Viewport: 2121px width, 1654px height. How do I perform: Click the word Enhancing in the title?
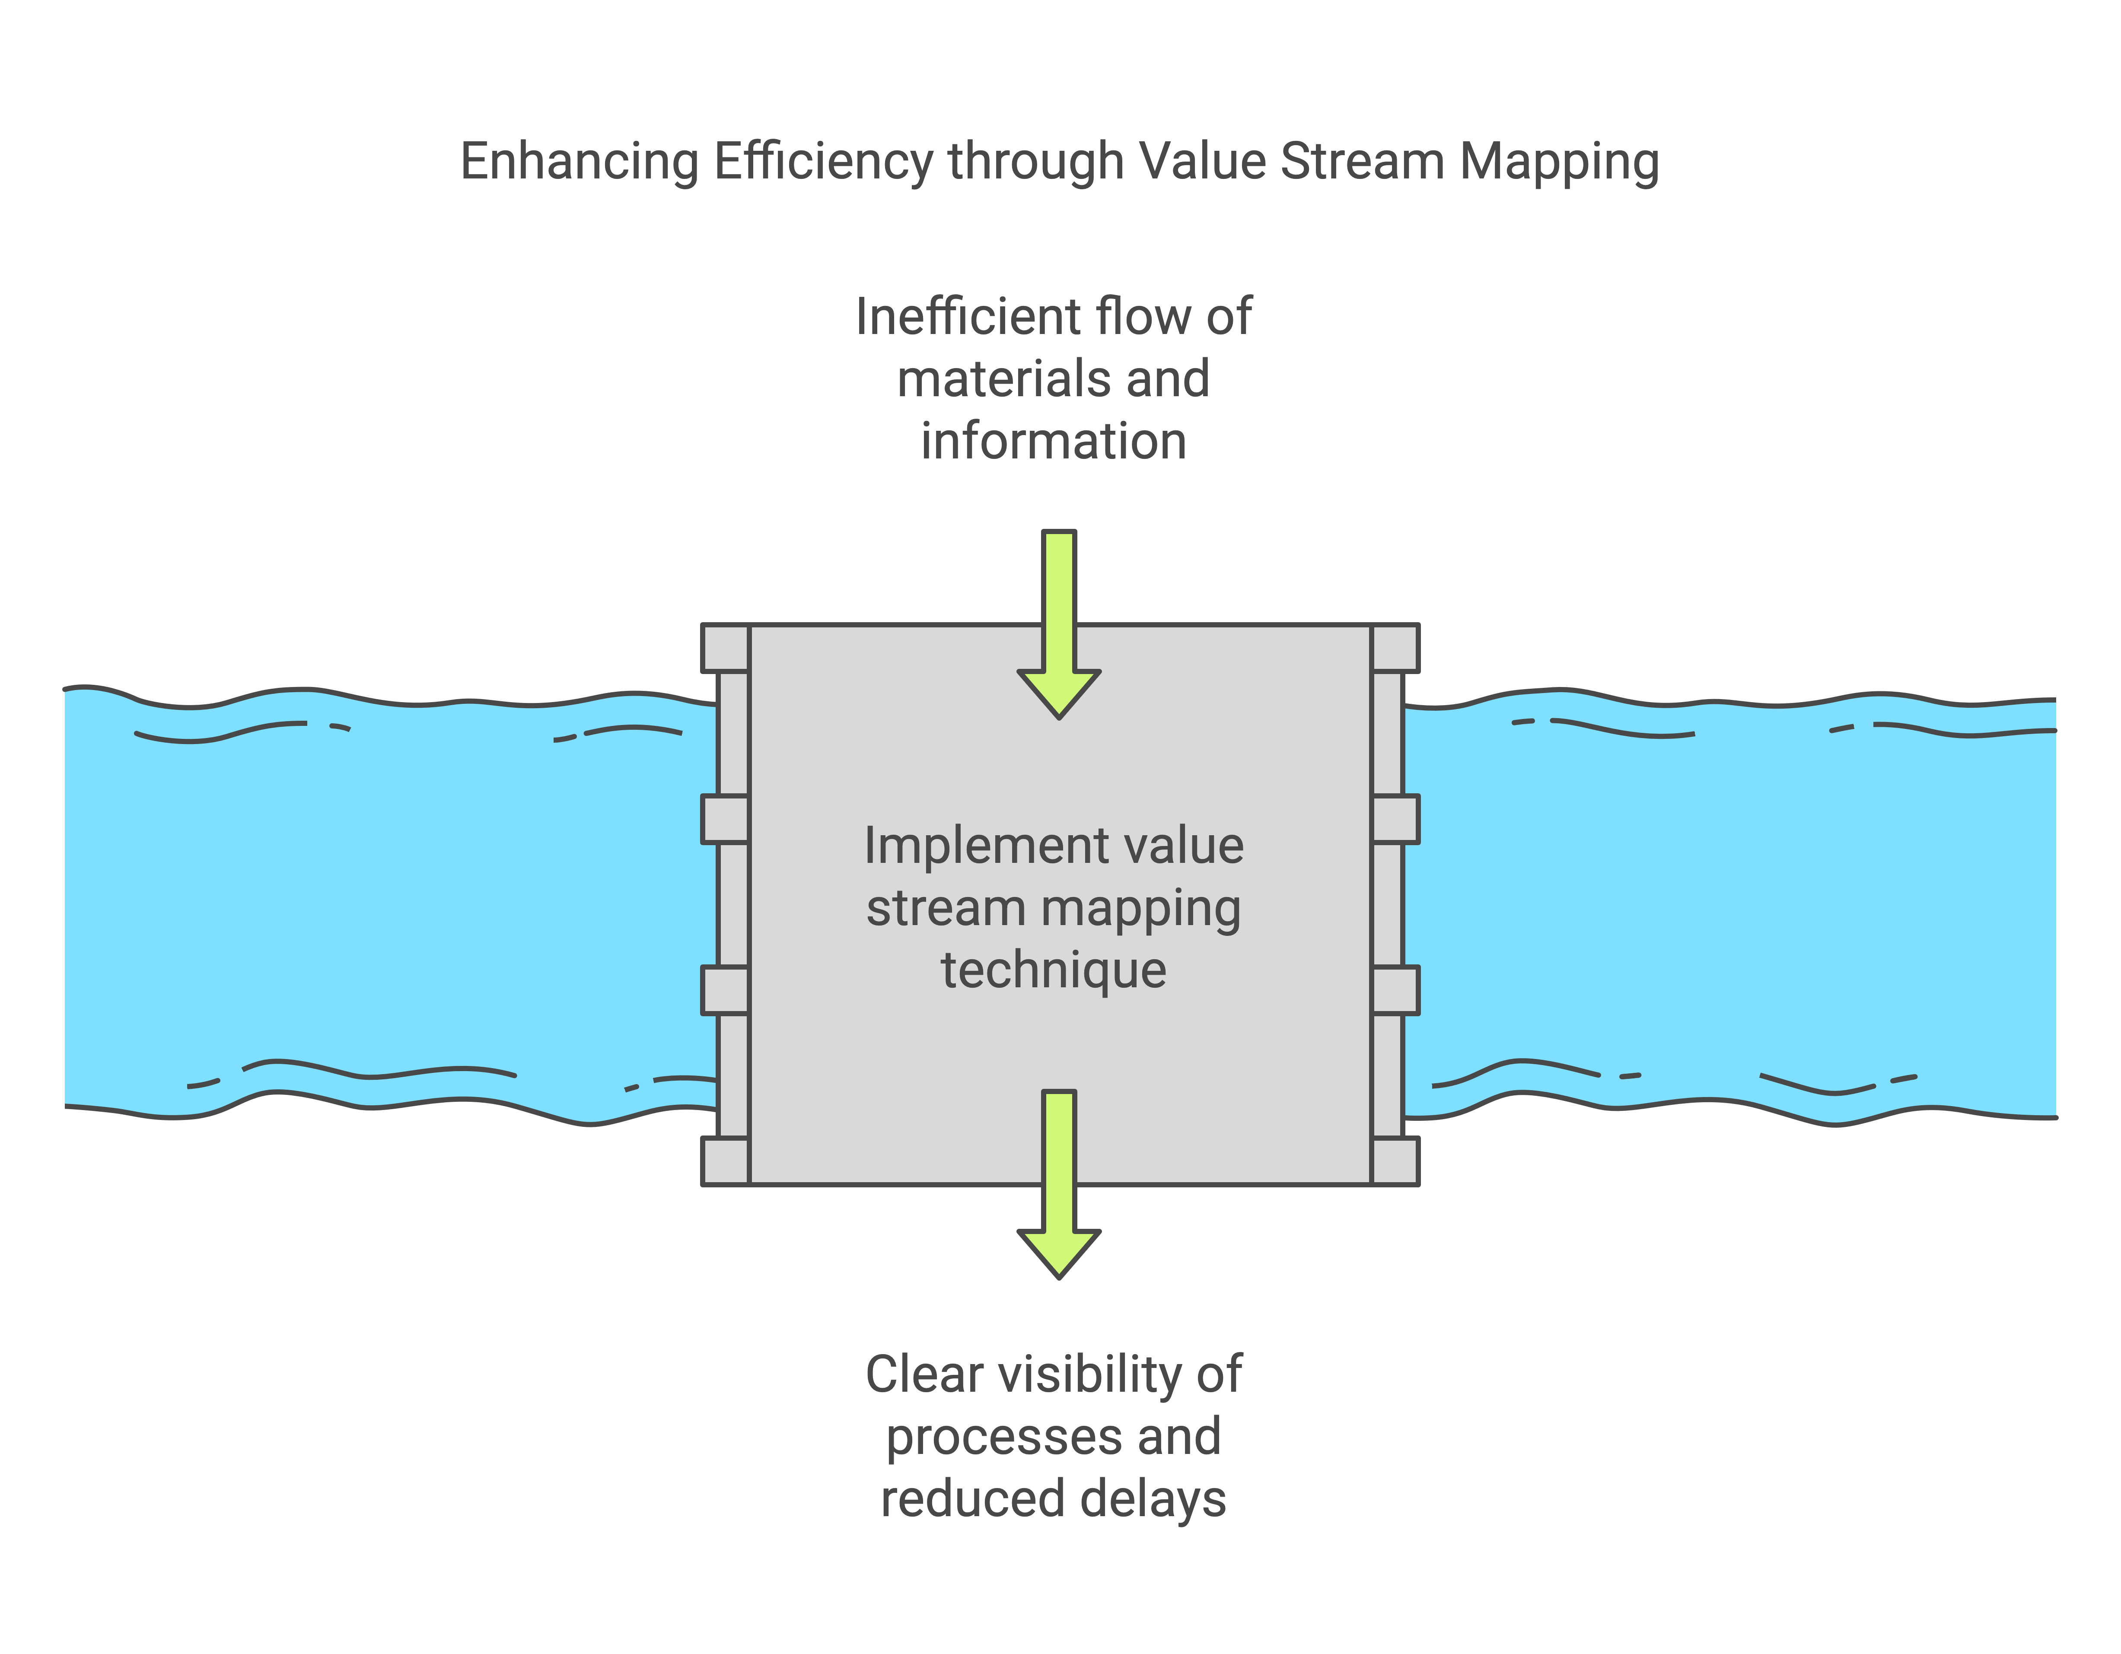[x=579, y=161]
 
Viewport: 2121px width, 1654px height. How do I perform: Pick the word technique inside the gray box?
[x=1054, y=970]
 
